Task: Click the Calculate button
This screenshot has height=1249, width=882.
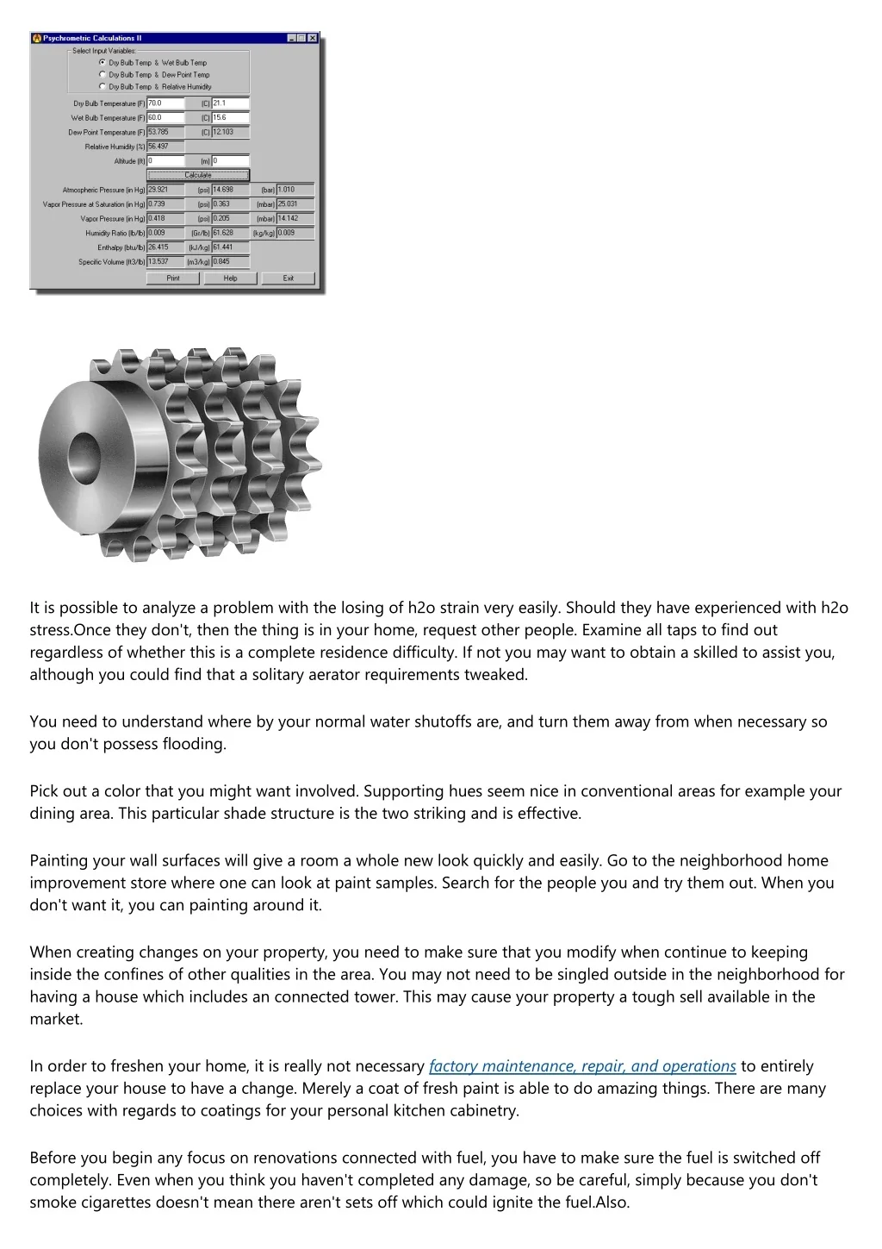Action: tap(198, 175)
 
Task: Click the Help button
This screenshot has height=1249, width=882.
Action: tap(230, 278)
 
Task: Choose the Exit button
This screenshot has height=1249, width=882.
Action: tap(288, 278)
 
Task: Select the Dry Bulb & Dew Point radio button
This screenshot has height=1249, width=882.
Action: tap(103, 75)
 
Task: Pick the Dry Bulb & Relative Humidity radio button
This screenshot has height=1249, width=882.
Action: tap(103, 87)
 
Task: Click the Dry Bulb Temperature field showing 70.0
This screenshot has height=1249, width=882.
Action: tap(165, 103)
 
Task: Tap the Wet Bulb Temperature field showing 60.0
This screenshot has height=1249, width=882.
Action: tap(165, 118)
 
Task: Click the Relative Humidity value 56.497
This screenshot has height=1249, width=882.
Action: tap(165, 147)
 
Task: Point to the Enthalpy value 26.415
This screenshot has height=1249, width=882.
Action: tap(165, 247)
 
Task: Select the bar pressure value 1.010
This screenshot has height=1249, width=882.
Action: tap(295, 190)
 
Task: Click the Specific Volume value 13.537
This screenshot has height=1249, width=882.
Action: tap(165, 262)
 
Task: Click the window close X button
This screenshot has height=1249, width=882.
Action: tap(312, 38)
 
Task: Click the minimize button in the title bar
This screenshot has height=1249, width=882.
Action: tap(291, 38)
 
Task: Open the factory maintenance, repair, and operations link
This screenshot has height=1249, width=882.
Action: tap(582, 1066)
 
